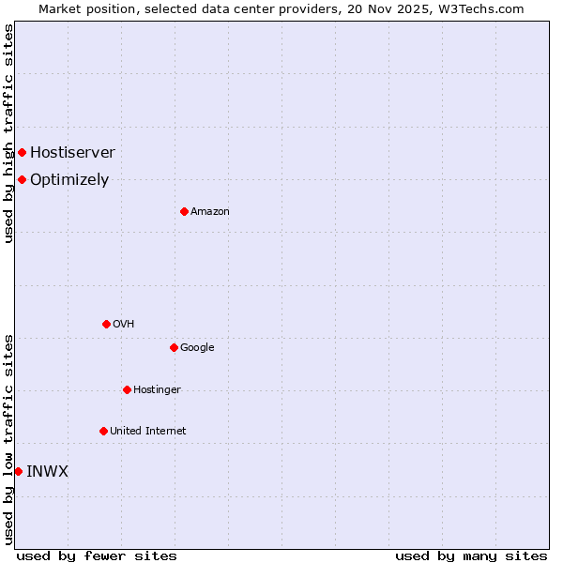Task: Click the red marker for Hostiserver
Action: [22, 152]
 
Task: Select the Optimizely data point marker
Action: [22, 179]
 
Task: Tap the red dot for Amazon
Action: [184, 211]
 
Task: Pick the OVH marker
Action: [106, 324]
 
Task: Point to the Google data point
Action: [174, 347]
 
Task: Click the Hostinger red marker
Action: [127, 389]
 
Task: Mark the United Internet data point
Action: [103, 431]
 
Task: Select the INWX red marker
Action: [18, 471]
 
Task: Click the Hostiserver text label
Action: [72, 152]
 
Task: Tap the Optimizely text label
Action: [69, 179]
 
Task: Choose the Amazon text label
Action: [210, 211]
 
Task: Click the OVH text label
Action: [124, 324]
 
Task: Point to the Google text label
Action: [197, 347]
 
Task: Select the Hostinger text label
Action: [157, 389]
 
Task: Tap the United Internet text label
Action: [148, 431]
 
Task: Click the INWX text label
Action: [47, 471]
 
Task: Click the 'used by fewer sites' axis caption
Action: [97, 555]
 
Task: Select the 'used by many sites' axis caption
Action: [471, 555]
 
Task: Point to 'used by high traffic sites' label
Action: [8, 133]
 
